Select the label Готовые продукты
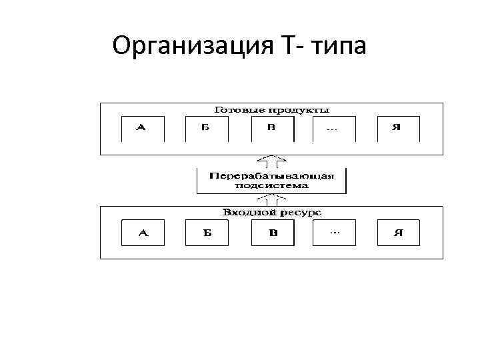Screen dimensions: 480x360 (271, 109)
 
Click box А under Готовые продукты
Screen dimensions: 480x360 (142, 128)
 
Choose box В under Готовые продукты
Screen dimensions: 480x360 (271, 128)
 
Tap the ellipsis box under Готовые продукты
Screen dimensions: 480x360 (332, 128)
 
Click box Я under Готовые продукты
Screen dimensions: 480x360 (397, 128)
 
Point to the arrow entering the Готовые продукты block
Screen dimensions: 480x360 (271, 160)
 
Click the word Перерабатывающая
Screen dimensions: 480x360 (271, 176)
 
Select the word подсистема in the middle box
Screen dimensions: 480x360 (271, 186)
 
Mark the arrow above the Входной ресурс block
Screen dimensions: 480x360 (271, 199)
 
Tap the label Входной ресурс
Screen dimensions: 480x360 (271, 212)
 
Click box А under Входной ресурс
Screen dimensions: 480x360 (142, 233)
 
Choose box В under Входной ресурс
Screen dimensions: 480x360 (271, 233)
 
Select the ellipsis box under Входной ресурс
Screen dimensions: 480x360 (333, 233)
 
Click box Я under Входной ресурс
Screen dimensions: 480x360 (398, 233)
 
